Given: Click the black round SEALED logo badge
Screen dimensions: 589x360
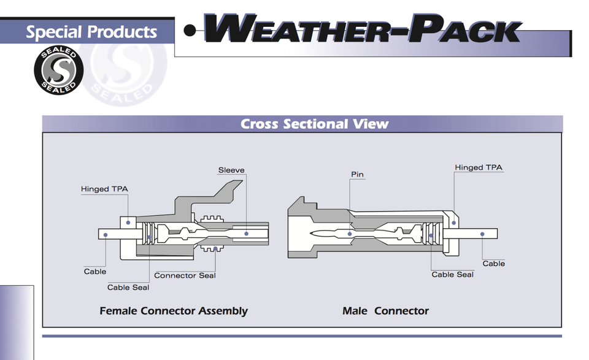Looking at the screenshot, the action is pyautogui.click(x=59, y=70).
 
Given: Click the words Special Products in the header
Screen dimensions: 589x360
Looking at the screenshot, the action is pyautogui.click(x=91, y=32).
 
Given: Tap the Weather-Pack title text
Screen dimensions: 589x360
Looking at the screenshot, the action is pyautogui.click(x=363, y=28).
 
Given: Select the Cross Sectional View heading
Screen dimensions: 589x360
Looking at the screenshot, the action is pyautogui.click(x=314, y=124).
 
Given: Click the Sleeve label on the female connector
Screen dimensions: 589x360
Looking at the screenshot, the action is pyautogui.click(x=231, y=170).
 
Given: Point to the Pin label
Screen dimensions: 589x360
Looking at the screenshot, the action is pyautogui.click(x=357, y=174).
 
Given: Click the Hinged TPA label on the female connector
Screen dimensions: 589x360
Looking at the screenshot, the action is pyautogui.click(x=104, y=189).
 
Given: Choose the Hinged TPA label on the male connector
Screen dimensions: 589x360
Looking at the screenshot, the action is pyautogui.click(x=479, y=167).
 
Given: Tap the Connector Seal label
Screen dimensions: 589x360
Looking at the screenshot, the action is pyautogui.click(x=185, y=275).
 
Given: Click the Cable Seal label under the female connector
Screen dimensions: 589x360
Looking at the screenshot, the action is pyautogui.click(x=128, y=288).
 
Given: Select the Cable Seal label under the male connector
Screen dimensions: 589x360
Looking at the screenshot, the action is pyautogui.click(x=453, y=274).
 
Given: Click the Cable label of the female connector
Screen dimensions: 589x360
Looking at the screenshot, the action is pyautogui.click(x=95, y=272).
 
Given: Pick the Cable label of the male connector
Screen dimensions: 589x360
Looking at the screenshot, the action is pyautogui.click(x=493, y=264).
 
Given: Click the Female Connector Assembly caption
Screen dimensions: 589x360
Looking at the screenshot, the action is pyautogui.click(x=174, y=311).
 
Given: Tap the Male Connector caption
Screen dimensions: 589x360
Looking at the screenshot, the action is pyautogui.click(x=385, y=311).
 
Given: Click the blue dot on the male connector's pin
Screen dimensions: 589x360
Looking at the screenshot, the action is pyautogui.click(x=350, y=234).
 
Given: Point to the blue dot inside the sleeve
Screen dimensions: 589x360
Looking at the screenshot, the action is pyautogui.click(x=247, y=234).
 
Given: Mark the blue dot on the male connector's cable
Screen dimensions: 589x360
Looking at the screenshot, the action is pyautogui.click(x=482, y=234).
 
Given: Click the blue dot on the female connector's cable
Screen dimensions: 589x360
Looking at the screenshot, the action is pyautogui.click(x=106, y=235).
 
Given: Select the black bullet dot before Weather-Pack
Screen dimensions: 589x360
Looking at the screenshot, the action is pyautogui.click(x=190, y=31).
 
